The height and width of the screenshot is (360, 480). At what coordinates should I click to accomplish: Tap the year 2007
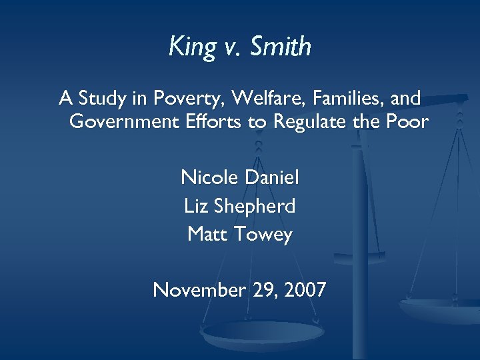click(303, 290)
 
